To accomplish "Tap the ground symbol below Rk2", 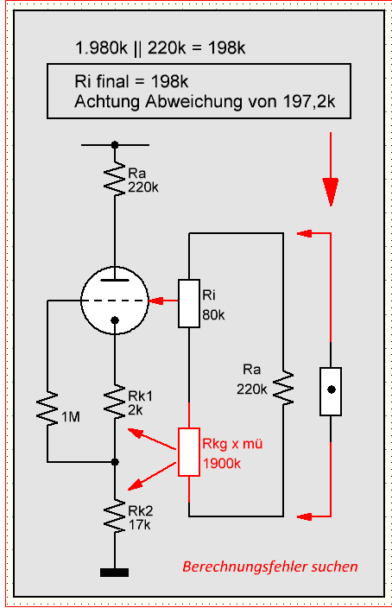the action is [114, 573].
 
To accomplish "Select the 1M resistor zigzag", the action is [47, 410].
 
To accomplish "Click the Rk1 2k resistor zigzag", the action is [115, 402].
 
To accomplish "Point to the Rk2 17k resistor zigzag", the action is [115, 516].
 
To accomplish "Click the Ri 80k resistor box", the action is [189, 303].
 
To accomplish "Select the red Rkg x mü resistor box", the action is [189, 453].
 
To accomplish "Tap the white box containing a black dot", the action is [331, 391].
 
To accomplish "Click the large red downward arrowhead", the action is [331, 192].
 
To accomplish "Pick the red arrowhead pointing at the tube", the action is [156, 301].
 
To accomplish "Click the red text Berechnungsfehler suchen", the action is [270, 567].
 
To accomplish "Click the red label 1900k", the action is [222, 464].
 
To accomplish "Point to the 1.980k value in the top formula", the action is [101, 48].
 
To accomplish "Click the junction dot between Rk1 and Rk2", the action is [115, 462].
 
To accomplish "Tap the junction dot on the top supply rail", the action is [115, 145].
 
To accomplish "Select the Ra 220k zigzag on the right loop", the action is [283, 388].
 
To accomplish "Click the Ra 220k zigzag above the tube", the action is [115, 179].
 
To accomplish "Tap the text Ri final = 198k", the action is [131, 81].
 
